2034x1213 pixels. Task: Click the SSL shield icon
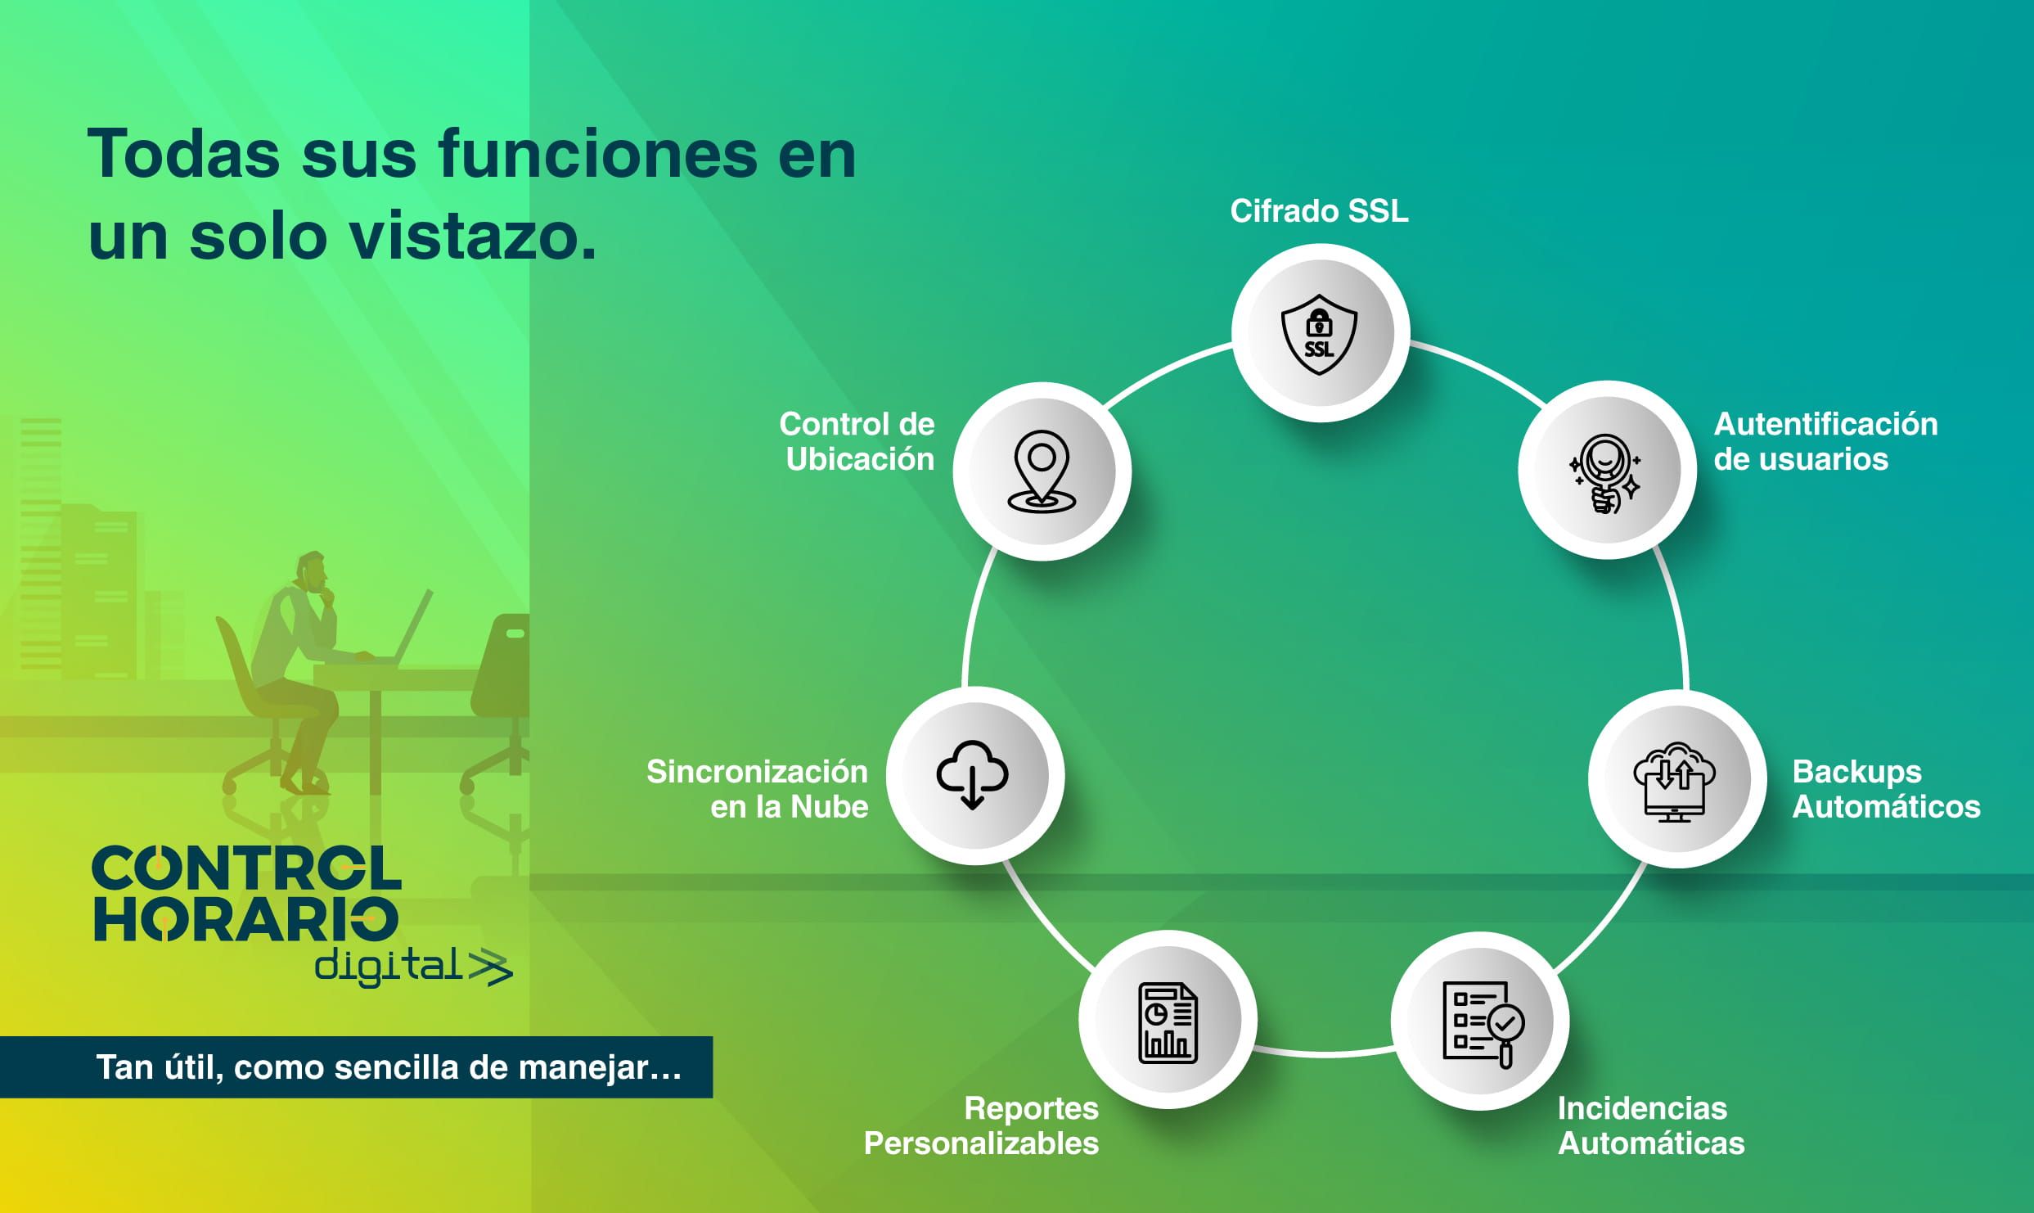point(1319,335)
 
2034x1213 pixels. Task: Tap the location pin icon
point(1041,471)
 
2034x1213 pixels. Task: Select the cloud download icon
point(972,773)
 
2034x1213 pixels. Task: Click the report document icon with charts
point(1168,1023)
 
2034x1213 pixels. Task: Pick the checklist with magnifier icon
point(1483,1025)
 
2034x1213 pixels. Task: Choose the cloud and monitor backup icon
point(1674,782)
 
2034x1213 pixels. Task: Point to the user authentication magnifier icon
point(1604,473)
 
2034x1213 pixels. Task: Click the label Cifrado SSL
point(1319,211)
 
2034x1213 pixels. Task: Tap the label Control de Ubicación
point(857,441)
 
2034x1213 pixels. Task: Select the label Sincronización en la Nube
point(757,789)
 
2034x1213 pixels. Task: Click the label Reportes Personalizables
point(981,1125)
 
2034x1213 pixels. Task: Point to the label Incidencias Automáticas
point(1651,1125)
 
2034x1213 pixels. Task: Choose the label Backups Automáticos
point(1886,789)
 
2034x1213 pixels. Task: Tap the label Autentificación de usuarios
point(1825,441)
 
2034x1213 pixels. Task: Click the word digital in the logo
point(389,967)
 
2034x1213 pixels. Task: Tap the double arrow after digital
point(490,968)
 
